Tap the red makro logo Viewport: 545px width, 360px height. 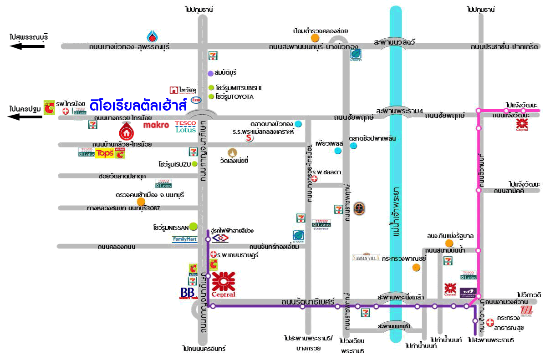click(156, 125)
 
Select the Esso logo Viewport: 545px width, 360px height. click(196, 100)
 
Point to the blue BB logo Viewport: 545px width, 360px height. click(188, 293)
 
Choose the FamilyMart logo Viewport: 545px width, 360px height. click(184, 239)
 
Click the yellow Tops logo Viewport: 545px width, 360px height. click(105, 153)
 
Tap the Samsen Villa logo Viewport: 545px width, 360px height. click(366, 257)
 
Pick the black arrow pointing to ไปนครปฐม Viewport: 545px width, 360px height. click(26, 117)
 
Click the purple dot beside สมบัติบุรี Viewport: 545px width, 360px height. click(210, 73)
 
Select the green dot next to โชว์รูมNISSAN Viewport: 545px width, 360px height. click(194, 226)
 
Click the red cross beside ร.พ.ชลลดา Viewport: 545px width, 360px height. click(314, 179)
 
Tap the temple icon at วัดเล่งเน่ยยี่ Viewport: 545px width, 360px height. click(233, 152)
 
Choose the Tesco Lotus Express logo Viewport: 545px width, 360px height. click(321, 225)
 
